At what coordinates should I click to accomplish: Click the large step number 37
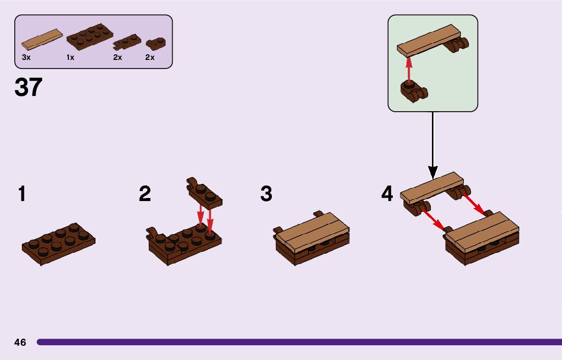coord(28,87)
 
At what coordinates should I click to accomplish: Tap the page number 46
coord(20,342)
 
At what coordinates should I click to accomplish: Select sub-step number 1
coord(22,194)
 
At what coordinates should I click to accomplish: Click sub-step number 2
coord(145,194)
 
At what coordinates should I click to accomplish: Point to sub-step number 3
coord(266,194)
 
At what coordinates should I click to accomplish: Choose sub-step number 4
coord(387,194)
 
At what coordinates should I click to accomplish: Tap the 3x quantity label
coord(26,58)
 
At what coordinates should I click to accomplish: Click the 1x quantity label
coord(70,58)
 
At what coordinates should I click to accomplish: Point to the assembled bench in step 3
coord(312,238)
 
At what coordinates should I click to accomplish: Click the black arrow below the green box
coord(432,145)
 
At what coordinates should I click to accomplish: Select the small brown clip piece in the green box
coord(412,91)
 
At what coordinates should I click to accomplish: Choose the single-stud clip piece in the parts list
coord(152,43)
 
